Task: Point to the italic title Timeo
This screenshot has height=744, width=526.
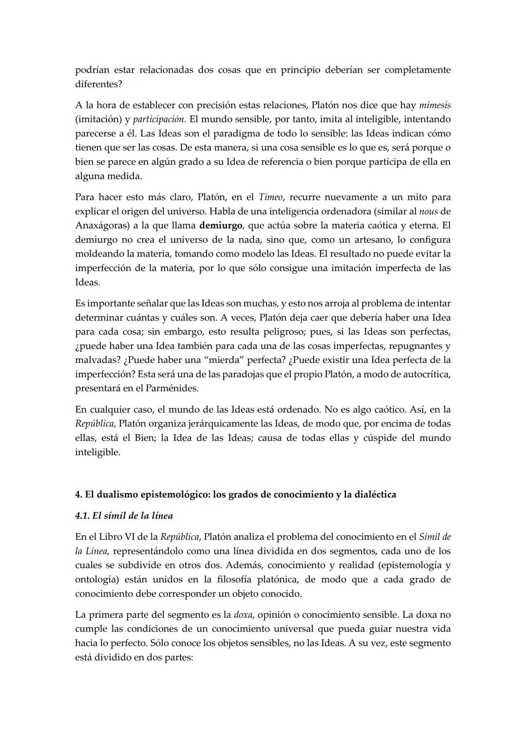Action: point(270,197)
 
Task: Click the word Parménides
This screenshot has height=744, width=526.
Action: point(173,389)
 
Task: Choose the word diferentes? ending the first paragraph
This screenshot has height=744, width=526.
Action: point(98,84)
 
